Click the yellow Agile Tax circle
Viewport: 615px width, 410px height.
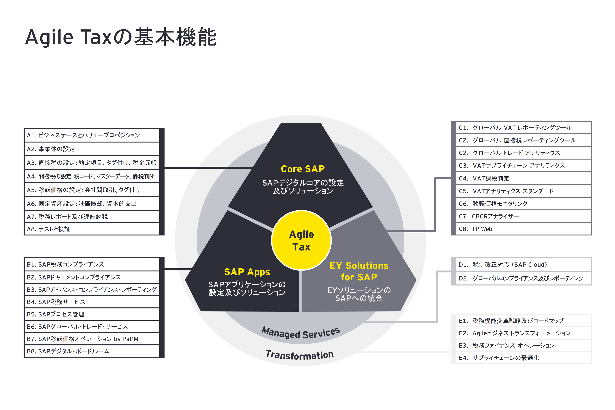point(301,240)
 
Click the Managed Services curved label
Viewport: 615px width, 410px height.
point(301,333)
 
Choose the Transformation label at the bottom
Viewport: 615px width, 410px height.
point(300,355)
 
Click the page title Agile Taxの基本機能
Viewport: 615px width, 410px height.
point(121,37)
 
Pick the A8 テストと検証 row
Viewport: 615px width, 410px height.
point(91,229)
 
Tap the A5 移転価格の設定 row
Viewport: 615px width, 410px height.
point(91,190)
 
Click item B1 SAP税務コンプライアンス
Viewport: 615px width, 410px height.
point(91,264)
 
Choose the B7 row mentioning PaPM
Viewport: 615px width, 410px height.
point(91,339)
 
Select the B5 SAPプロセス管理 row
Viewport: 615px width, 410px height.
point(91,314)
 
